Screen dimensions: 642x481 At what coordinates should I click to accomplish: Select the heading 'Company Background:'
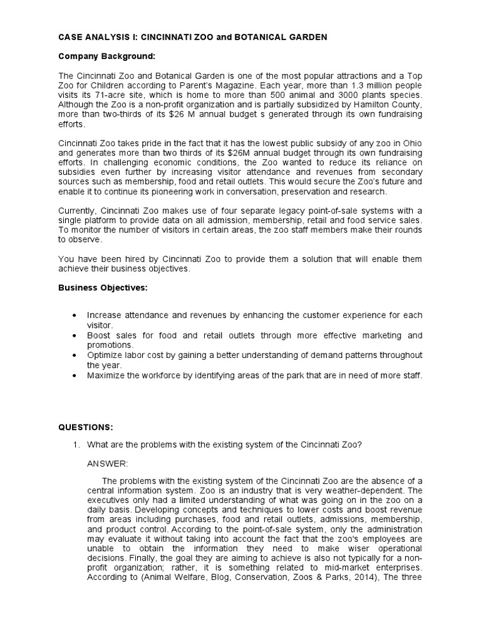[x=106, y=56]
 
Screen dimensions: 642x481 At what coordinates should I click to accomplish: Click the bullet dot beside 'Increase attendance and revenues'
[x=75, y=315]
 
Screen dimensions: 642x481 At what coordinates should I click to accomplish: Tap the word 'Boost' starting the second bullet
[x=99, y=335]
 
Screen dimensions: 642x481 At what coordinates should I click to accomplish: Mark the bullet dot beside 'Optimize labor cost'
[x=75, y=355]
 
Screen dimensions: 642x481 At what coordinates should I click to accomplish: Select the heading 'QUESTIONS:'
[x=86, y=427]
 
